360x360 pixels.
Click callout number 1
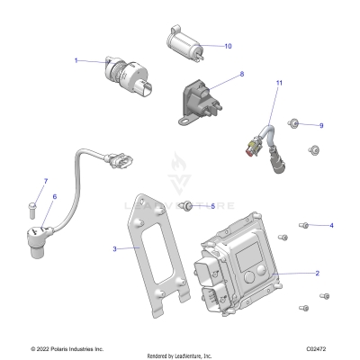coord(76,60)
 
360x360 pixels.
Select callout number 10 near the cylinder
coord(228,45)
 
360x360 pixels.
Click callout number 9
coord(320,125)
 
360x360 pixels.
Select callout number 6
coord(54,196)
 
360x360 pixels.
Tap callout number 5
coord(212,206)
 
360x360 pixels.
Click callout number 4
coord(331,225)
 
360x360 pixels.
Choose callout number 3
coord(114,248)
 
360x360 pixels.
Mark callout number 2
coord(317,272)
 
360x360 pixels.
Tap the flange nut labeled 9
coord(294,123)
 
